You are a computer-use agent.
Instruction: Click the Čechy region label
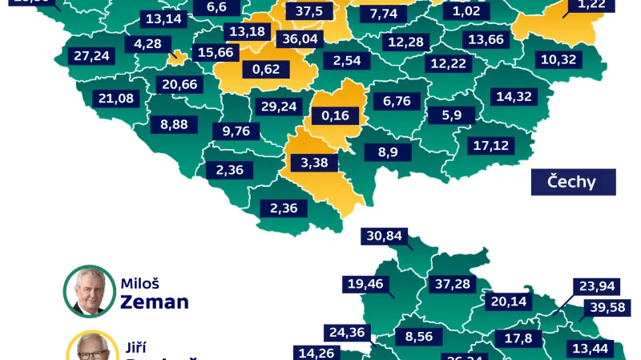(x=572, y=182)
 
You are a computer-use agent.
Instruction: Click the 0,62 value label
(x=266, y=69)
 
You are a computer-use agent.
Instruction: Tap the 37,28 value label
(x=453, y=285)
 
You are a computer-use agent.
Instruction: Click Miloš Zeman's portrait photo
(x=89, y=291)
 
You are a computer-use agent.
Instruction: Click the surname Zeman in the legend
(x=155, y=302)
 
